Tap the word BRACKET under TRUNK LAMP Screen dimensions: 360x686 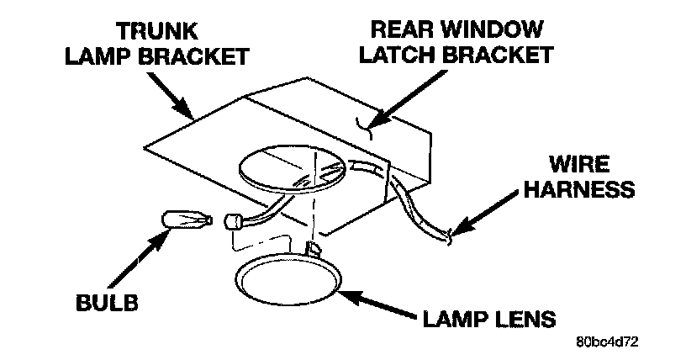(x=205, y=57)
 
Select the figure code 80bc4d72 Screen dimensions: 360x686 (x=606, y=344)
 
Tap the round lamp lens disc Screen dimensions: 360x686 (x=288, y=282)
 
